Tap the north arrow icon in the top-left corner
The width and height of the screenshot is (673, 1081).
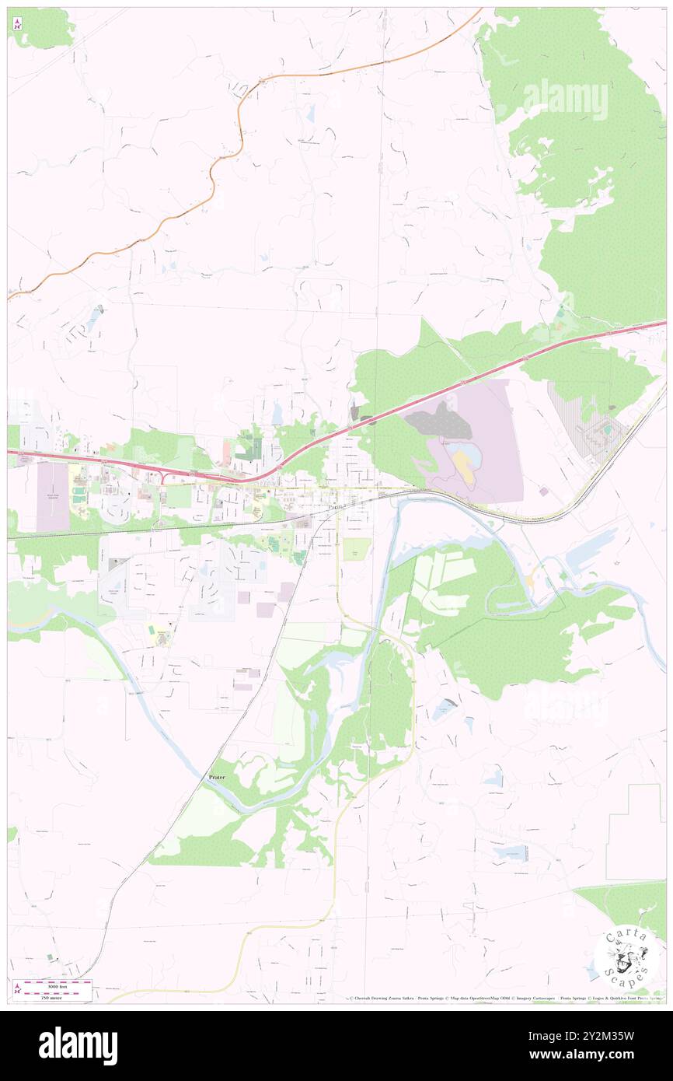[17, 24]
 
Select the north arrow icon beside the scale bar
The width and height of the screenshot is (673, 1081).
[17, 989]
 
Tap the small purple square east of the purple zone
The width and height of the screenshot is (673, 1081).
[542, 492]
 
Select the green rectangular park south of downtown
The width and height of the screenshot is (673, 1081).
[357, 549]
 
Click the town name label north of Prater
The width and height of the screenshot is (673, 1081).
[336, 506]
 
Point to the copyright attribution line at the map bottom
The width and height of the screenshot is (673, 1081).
[505, 998]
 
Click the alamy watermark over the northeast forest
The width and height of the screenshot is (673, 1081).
[566, 99]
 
